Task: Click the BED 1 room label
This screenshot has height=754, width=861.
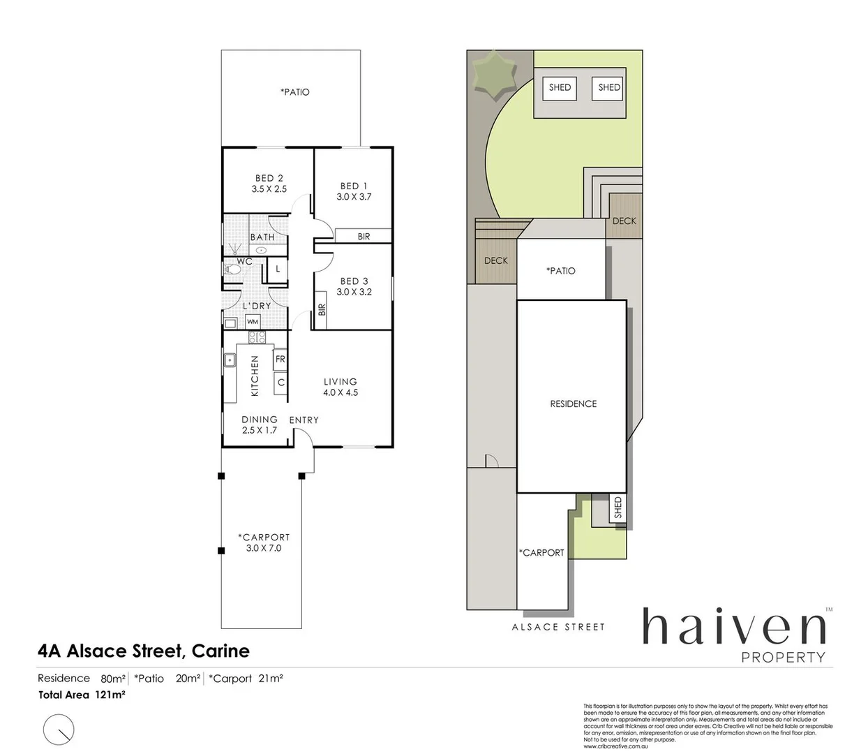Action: (x=354, y=186)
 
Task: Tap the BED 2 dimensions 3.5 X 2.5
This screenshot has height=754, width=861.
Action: (x=269, y=189)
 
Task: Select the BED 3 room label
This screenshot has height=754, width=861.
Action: (x=354, y=281)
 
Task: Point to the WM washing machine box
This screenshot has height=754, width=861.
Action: (x=253, y=322)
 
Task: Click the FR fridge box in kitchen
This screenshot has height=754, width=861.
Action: (x=280, y=359)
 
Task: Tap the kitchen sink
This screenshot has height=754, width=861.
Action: (x=230, y=360)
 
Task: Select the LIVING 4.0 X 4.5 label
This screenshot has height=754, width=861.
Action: (x=340, y=387)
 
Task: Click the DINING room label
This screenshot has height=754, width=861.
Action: (x=260, y=420)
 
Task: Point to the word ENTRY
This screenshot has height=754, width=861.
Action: (x=304, y=420)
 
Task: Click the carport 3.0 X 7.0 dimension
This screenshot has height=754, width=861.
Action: (x=264, y=548)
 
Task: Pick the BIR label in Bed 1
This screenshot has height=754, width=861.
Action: (x=364, y=237)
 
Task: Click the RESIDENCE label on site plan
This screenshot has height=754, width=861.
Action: (x=574, y=404)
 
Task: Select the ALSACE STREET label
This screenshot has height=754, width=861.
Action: (x=558, y=627)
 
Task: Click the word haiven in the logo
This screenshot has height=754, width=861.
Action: (x=733, y=626)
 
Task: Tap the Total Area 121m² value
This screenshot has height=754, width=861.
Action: (x=110, y=695)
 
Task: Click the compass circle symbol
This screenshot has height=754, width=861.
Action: (x=59, y=730)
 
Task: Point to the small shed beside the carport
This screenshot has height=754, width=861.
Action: (x=617, y=508)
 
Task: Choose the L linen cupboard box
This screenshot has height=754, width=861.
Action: (x=278, y=269)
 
